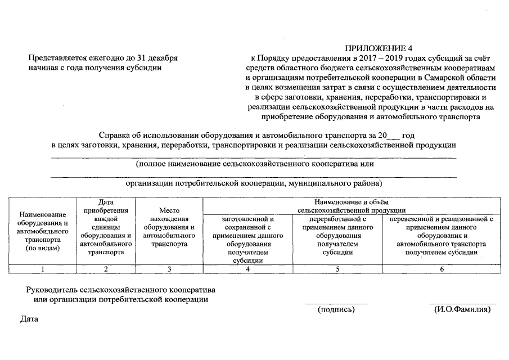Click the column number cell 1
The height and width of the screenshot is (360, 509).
pyautogui.click(x=43, y=269)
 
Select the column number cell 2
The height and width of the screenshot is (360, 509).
pyautogui.click(x=106, y=269)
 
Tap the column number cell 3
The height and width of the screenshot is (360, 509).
pyautogui.click(x=169, y=269)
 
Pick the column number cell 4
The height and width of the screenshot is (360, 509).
pyautogui.click(x=247, y=269)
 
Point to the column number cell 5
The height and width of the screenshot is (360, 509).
pyautogui.click(x=337, y=269)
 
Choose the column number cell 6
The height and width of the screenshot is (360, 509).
pyautogui.click(x=442, y=269)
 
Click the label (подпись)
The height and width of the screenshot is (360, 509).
pyautogui.click(x=336, y=309)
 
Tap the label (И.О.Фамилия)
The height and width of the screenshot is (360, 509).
pyautogui.click(x=462, y=309)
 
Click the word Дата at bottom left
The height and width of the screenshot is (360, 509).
pyautogui.click(x=29, y=319)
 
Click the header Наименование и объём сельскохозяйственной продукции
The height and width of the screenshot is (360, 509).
pyautogui.click(x=352, y=206)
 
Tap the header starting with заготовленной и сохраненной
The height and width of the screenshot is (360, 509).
pyautogui.click(x=247, y=239)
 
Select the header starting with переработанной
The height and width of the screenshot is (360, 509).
pyautogui.click(x=337, y=235)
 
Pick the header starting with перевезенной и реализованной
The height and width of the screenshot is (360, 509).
pyautogui.click(x=442, y=235)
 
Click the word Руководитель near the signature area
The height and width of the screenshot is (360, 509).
pyautogui.click(x=52, y=290)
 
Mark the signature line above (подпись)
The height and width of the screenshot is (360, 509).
pyautogui.click(x=336, y=304)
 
